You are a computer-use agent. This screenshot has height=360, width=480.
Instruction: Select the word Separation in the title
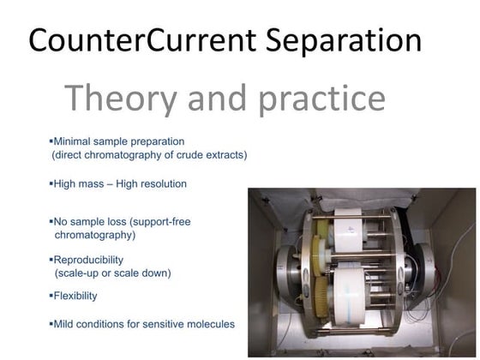click(x=353, y=40)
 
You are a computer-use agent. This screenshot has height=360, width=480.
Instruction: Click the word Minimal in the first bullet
click(x=75, y=141)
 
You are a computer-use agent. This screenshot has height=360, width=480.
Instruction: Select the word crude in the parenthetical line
click(x=179, y=155)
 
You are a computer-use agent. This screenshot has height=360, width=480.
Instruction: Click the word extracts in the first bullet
click(x=222, y=155)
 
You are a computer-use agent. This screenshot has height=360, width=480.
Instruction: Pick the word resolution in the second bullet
click(x=159, y=183)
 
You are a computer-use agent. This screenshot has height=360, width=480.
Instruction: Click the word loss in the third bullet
click(x=128, y=221)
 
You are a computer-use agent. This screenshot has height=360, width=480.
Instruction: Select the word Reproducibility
click(x=88, y=260)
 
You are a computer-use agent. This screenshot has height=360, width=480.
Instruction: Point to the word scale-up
click(x=80, y=273)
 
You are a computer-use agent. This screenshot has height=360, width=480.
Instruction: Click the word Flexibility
click(x=75, y=296)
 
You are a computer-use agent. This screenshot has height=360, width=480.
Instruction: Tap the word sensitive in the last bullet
click(x=168, y=324)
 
